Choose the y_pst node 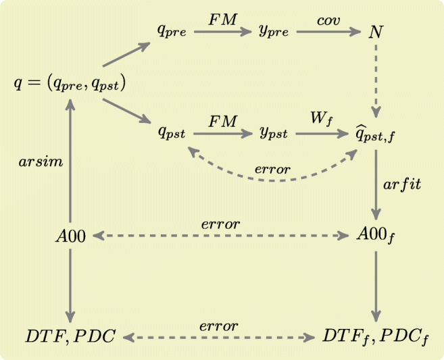pos(274,134)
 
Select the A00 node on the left pos(71,236)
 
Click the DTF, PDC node pos(70,336)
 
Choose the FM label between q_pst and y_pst pos(223,122)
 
